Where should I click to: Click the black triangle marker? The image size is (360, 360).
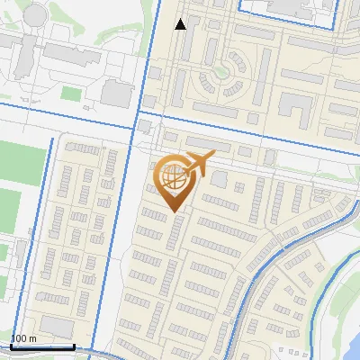pyautogui.click(x=180, y=24)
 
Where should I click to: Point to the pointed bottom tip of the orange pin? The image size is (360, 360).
pyautogui.click(x=174, y=211)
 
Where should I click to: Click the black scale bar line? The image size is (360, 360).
pyautogui.click(x=41, y=346)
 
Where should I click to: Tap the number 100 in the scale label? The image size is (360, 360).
pyautogui.click(x=18, y=338)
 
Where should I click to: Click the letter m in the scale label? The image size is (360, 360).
pyautogui.click(x=32, y=338)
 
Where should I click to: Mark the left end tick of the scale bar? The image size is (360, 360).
pyautogui.click(x=9, y=346)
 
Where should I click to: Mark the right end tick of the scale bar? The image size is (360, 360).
pyautogui.click(x=74, y=346)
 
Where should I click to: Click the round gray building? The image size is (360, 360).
pyautogui.click(x=35, y=14)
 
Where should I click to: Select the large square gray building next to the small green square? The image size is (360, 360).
pyautogui.click(x=115, y=92)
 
